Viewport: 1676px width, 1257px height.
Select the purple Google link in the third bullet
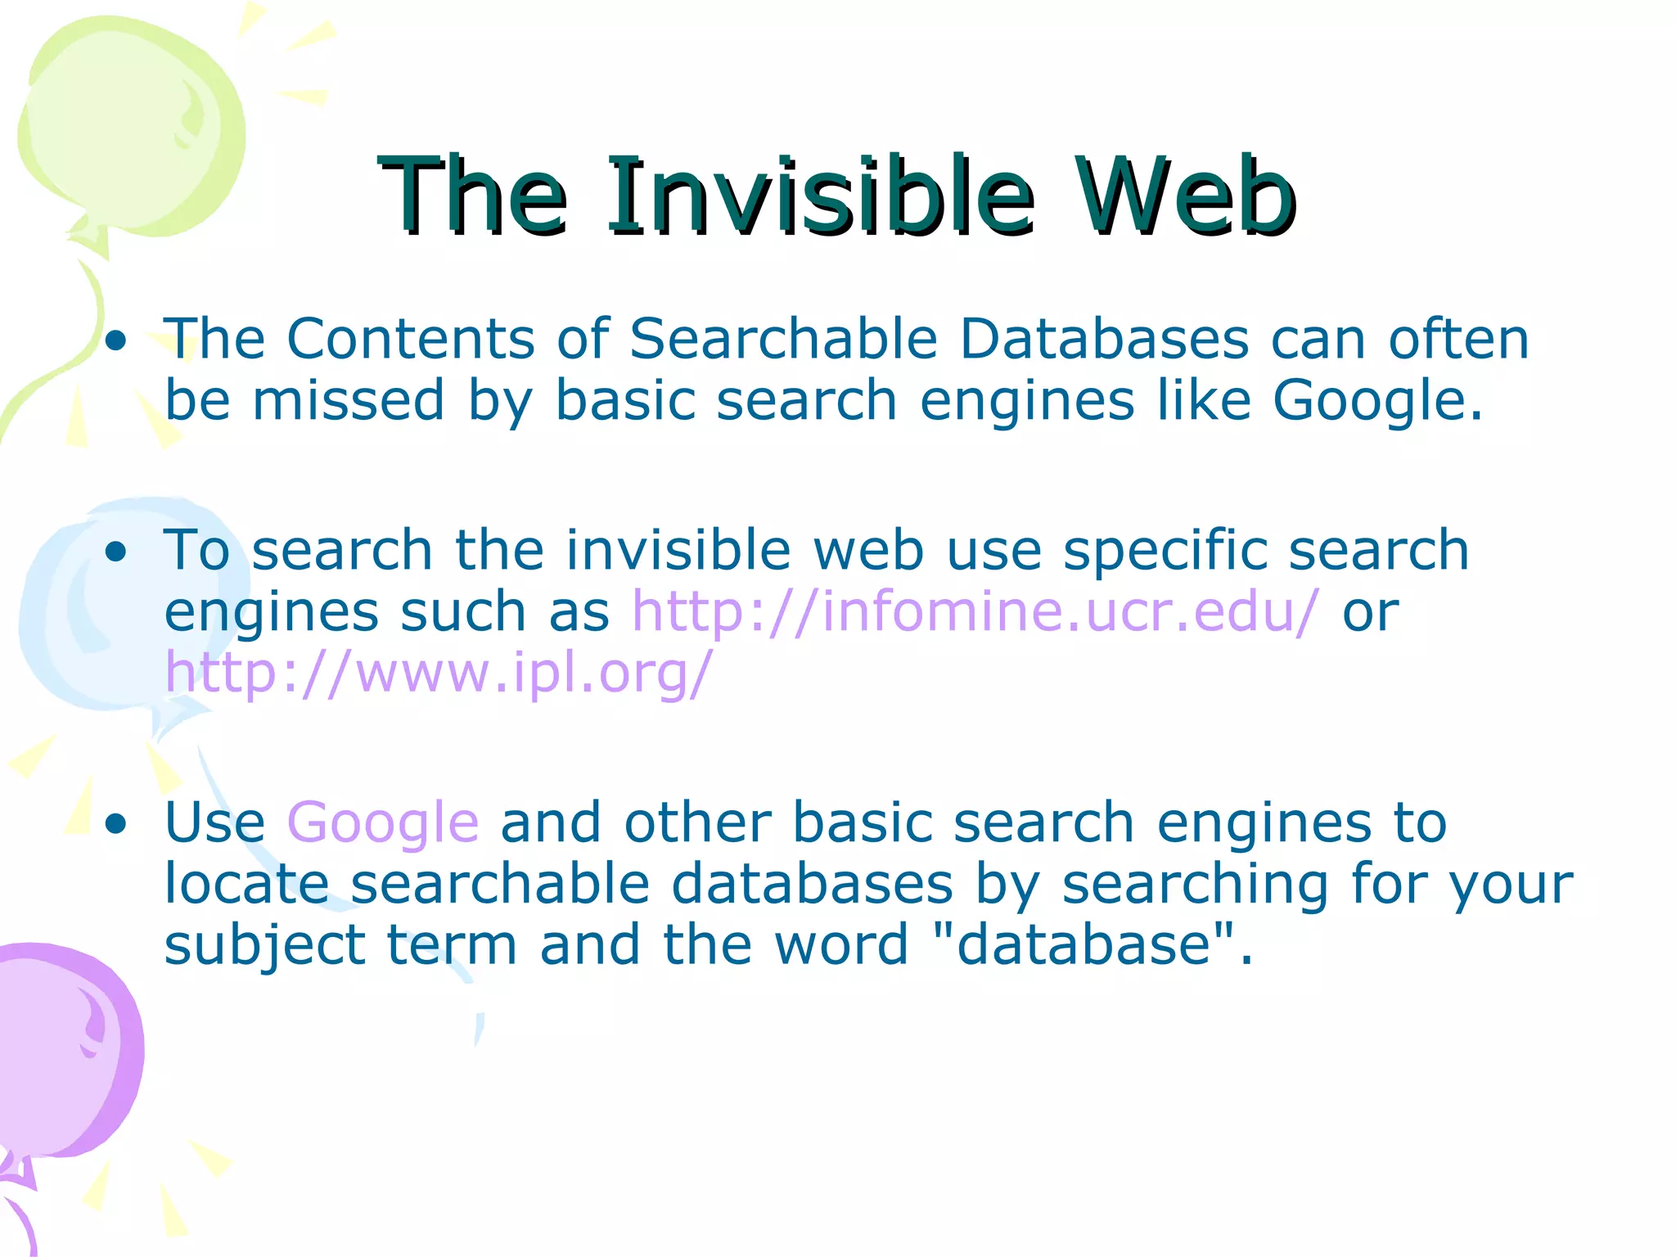pyautogui.click(x=382, y=822)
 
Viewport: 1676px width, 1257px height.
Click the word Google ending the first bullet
pyautogui.click(x=1375, y=401)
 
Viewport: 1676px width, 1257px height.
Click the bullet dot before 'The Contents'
pyautogui.click(x=117, y=341)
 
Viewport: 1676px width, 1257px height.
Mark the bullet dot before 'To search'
pyautogui.click(x=117, y=552)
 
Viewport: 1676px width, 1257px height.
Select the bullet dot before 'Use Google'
pyautogui.click(x=117, y=825)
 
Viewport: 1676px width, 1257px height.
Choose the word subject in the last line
pyautogui.click(x=264, y=946)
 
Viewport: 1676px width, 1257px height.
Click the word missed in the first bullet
pyautogui.click(x=348, y=401)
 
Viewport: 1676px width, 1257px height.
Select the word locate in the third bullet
pyautogui.click(x=246, y=884)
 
